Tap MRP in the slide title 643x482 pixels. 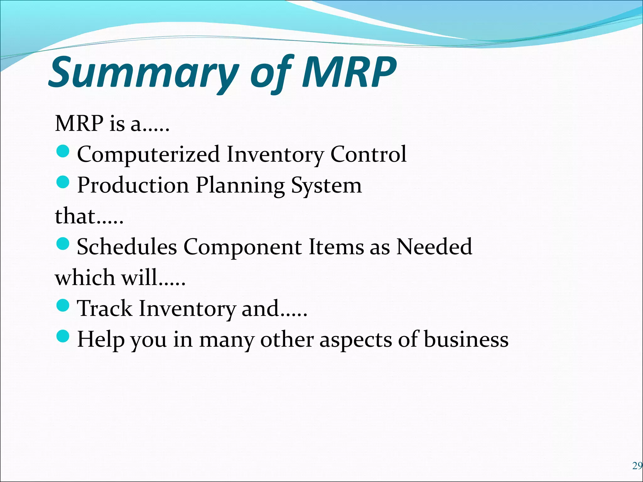pos(349,73)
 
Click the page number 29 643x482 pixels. pos(637,466)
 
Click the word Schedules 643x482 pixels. pos(127,247)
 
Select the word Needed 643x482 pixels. pos(434,247)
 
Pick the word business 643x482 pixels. pos(466,340)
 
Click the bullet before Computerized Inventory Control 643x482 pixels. pos(63,151)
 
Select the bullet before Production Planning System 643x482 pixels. pos(63,182)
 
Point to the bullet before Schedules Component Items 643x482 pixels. pos(63,244)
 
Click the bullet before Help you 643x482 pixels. pos(63,336)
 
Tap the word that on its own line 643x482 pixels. pos(75,217)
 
